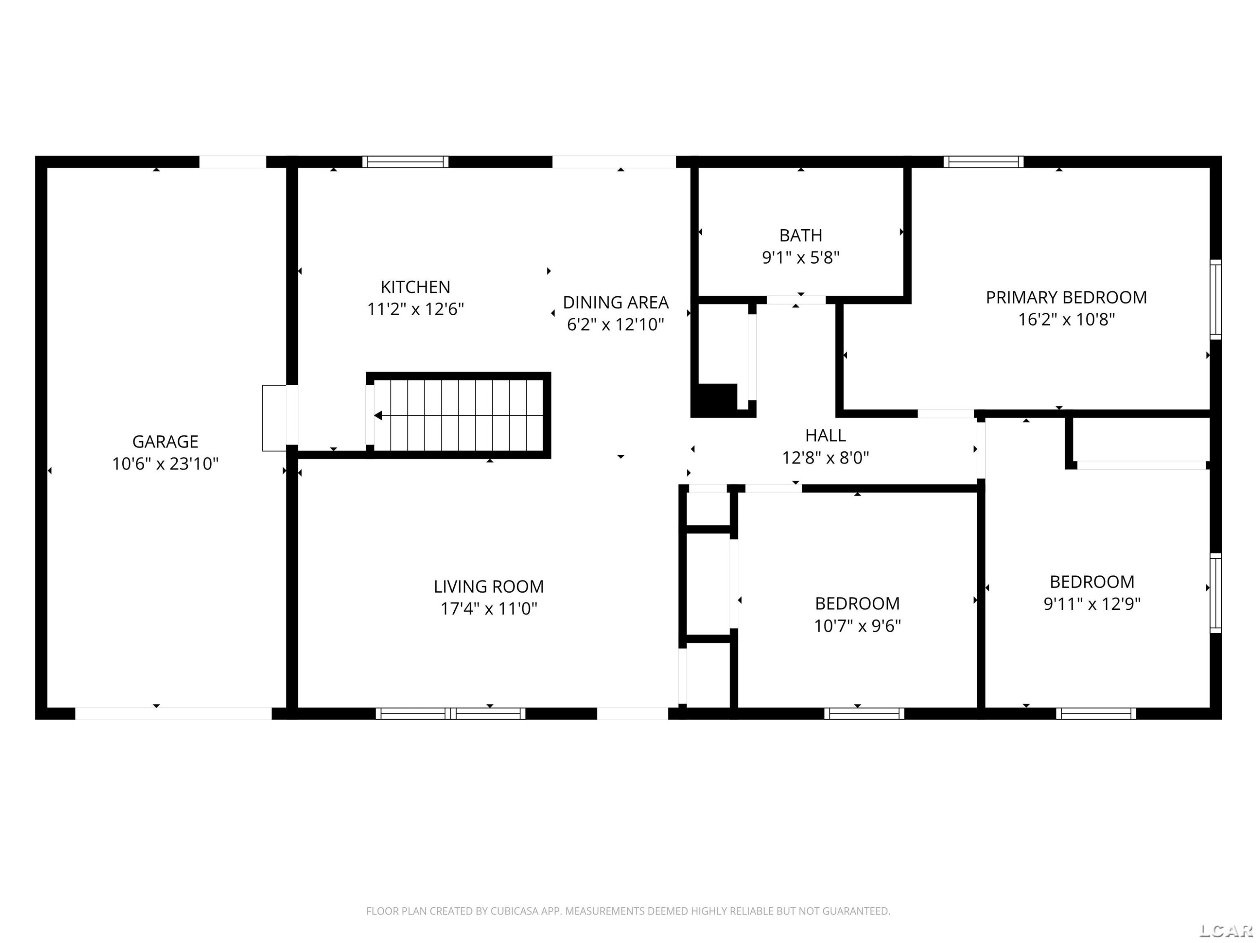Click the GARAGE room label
point(166,442)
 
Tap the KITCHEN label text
point(415,287)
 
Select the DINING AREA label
point(616,303)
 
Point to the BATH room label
point(800,235)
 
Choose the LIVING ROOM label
point(489,587)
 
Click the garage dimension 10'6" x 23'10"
point(166,464)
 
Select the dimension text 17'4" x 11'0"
point(489,609)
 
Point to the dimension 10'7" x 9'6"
point(858,626)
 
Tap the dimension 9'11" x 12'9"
point(1091,604)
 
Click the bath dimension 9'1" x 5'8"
point(800,257)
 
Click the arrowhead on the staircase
point(378,415)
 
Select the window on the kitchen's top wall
point(405,162)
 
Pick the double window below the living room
point(450,713)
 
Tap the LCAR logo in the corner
point(1226,930)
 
